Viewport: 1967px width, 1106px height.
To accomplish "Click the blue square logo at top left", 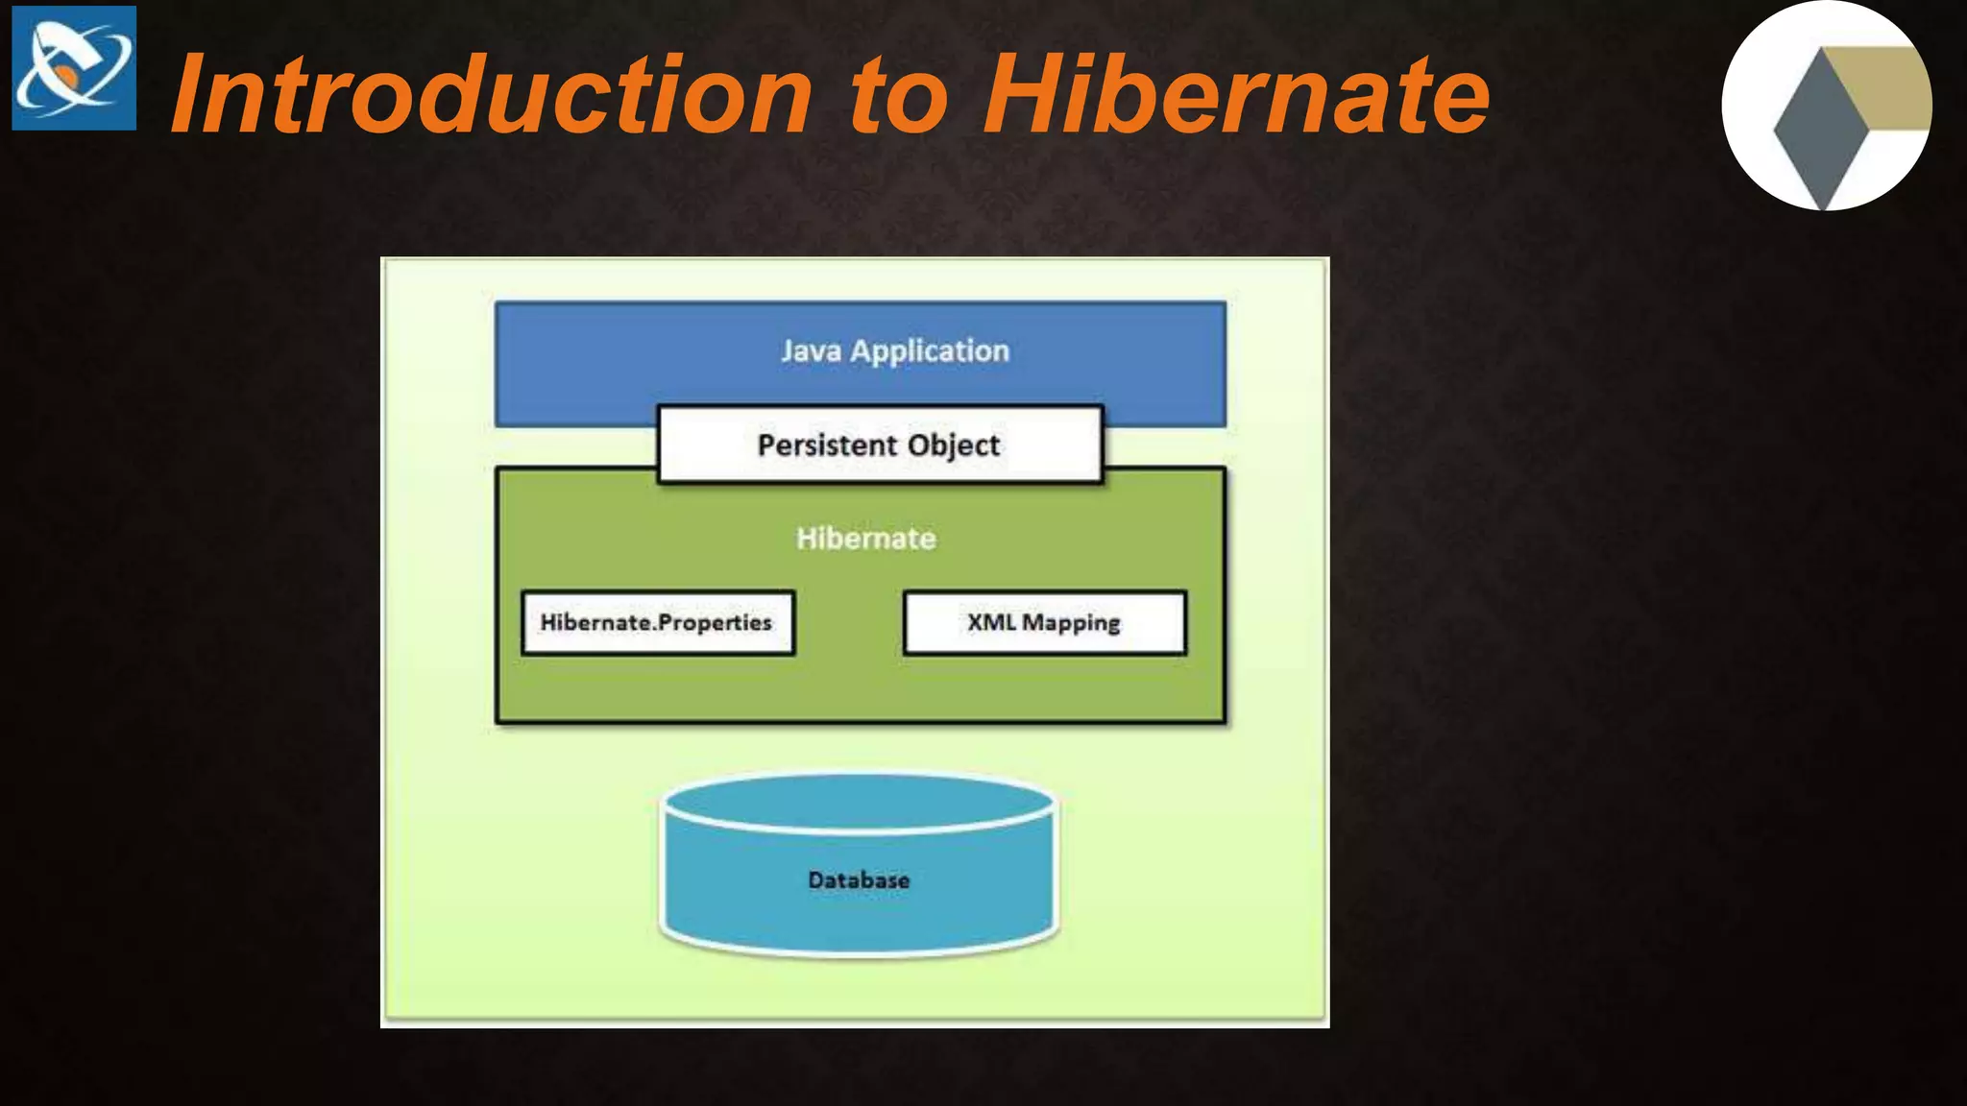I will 74,68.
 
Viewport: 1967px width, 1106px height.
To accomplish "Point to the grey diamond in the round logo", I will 1819,130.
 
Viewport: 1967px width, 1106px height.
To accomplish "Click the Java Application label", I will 894,351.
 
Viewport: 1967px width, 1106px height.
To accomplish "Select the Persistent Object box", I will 880,445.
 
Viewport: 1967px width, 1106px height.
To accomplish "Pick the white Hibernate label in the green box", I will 865,539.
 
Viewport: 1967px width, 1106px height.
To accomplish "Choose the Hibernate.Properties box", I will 658,623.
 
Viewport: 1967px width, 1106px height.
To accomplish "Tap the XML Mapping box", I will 1044,623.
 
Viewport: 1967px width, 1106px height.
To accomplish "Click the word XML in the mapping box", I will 990,622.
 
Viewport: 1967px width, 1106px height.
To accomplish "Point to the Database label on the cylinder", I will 859,880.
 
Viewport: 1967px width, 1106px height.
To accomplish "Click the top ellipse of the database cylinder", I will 859,803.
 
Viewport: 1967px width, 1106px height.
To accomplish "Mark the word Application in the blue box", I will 930,352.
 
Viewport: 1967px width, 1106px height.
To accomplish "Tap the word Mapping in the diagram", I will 1071,624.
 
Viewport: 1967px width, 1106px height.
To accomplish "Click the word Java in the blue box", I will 811,351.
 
